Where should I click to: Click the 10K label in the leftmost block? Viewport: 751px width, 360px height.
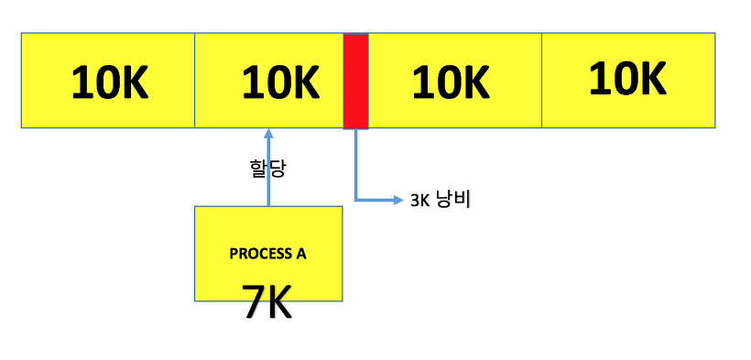(x=109, y=83)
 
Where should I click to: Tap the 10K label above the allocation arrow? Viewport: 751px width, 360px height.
(x=280, y=83)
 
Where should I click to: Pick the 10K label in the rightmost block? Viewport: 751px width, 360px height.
(x=626, y=79)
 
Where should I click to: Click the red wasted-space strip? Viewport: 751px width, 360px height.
(x=355, y=81)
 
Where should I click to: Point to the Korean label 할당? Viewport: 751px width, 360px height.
(x=267, y=169)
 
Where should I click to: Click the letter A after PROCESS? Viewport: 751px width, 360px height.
(x=301, y=254)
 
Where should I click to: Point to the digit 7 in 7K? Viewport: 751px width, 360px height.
(x=254, y=301)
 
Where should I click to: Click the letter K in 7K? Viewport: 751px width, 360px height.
(x=278, y=301)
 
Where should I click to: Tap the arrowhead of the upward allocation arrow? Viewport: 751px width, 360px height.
(x=268, y=133)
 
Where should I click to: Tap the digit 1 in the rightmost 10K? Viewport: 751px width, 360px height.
(x=596, y=79)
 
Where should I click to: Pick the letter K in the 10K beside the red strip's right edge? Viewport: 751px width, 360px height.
(x=473, y=83)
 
